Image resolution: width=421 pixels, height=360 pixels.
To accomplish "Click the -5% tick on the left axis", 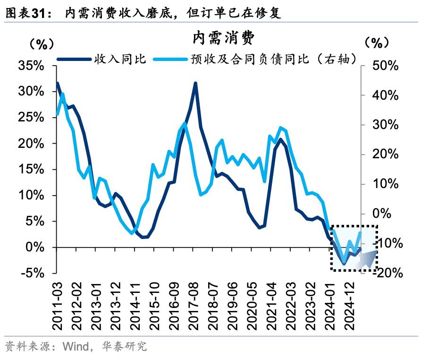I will [x=33, y=273].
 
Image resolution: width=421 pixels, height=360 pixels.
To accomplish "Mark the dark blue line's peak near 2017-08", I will [x=195, y=84].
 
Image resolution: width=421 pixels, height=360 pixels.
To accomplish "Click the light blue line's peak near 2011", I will [x=63, y=94].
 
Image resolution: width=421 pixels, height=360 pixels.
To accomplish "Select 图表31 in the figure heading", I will [x=28, y=13].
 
